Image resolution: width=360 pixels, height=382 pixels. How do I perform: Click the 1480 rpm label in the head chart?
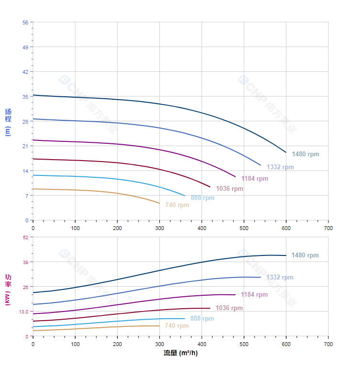305,154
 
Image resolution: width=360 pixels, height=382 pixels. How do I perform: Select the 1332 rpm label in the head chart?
280,167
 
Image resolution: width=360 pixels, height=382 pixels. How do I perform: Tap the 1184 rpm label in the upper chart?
255,179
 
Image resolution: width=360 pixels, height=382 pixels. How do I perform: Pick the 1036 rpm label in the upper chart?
229,189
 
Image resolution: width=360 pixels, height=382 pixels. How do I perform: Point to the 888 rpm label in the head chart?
202,198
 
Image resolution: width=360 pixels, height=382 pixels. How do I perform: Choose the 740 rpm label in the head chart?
177,205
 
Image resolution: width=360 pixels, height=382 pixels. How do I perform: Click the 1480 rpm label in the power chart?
305,255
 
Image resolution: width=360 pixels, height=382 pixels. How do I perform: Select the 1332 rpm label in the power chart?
280,278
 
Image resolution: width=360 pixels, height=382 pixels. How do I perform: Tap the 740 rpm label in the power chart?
177,326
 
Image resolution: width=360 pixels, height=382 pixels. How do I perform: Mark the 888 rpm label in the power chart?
202,319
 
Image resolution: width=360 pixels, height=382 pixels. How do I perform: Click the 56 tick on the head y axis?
25,22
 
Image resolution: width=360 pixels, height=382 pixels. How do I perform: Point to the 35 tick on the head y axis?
25,96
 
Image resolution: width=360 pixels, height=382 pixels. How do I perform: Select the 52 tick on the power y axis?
25,237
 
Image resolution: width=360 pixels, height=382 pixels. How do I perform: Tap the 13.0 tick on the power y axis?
23,312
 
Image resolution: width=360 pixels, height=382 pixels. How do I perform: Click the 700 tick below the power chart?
328,344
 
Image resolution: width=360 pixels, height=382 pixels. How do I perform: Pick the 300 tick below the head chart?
159,228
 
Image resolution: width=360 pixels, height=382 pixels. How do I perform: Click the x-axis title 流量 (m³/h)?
180,353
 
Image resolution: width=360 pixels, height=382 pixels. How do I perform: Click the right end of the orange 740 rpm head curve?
159,203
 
